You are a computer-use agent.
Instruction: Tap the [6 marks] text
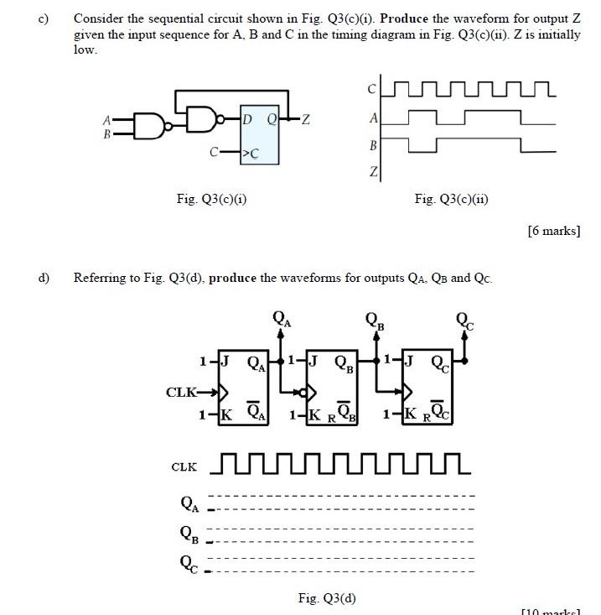pyautogui.click(x=553, y=231)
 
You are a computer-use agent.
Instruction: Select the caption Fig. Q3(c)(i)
pyautogui.click(x=211, y=199)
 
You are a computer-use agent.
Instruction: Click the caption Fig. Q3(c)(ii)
pyautogui.click(x=451, y=199)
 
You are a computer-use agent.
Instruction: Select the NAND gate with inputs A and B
pyautogui.click(x=148, y=126)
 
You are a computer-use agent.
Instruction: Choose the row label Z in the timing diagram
pyautogui.click(x=373, y=173)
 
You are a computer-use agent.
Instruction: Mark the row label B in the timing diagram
pyautogui.click(x=373, y=146)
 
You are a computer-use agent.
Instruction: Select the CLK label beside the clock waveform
pyautogui.click(x=184, y=466)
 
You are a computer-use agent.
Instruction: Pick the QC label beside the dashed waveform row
pyautogui.click(x=189, y=563)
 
